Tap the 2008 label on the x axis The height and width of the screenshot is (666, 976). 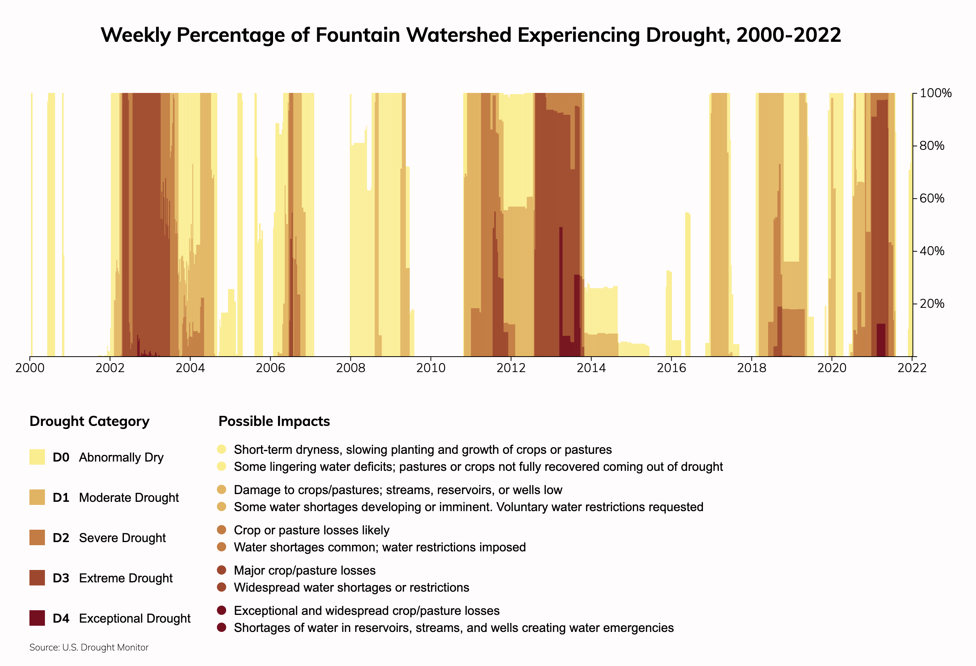coord(350,368)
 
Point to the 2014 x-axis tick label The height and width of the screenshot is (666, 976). coord(591,368)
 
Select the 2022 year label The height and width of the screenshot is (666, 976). coord(911,368)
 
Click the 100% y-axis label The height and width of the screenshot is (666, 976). coord(935,93)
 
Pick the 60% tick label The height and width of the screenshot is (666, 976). coord(931,198)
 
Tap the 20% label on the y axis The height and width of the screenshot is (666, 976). coord(931,304)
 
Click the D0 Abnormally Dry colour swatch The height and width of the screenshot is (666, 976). coord(37,457)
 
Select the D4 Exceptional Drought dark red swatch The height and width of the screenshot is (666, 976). coord(37,618)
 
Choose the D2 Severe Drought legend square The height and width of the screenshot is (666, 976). coord(37,537)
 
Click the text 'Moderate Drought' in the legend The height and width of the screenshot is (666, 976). coord(129,498)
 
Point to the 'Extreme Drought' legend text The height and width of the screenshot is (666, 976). coord(125,578)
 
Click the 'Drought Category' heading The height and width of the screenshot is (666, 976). coord(89,421)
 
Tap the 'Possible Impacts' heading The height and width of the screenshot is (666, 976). coord(274,421)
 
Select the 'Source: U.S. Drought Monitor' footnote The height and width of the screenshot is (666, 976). coord(89,647)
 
